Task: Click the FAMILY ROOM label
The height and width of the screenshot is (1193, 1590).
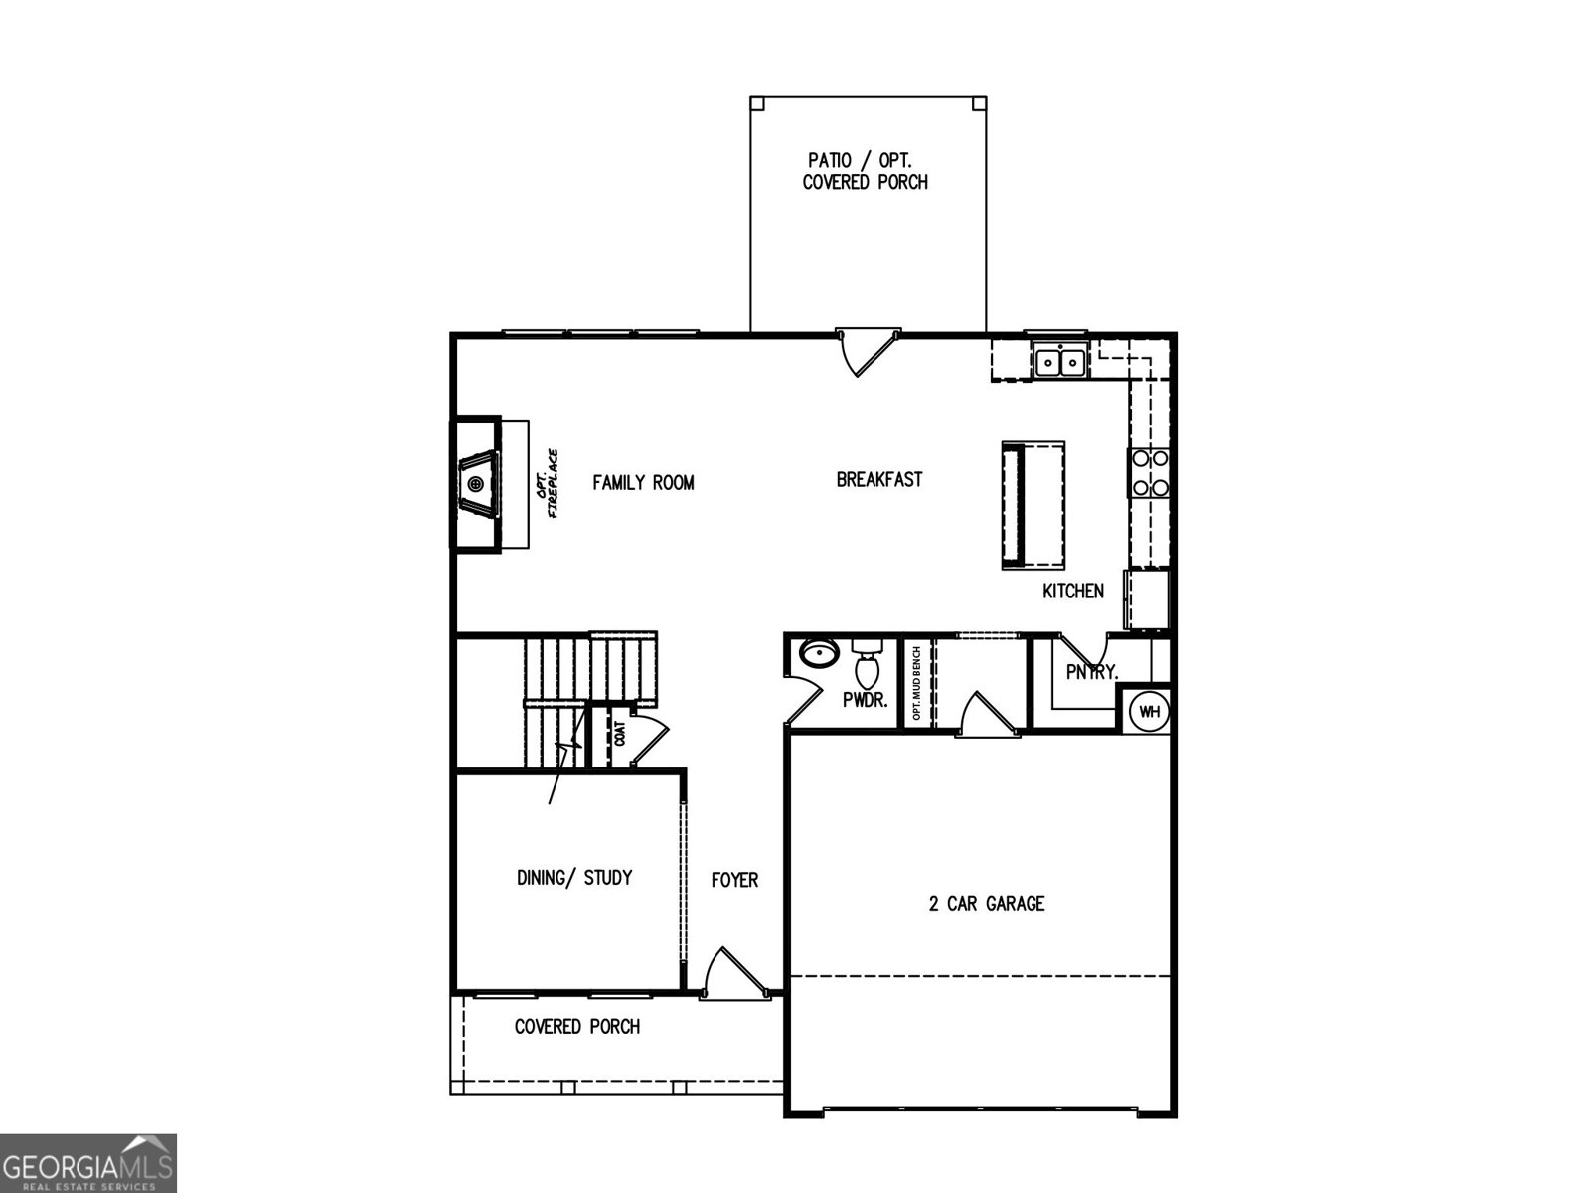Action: [643, 483]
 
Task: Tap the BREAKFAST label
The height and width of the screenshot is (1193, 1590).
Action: [879, 480]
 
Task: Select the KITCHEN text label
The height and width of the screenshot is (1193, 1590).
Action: [1072, 592]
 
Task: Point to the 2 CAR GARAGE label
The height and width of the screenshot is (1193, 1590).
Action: [987, 904]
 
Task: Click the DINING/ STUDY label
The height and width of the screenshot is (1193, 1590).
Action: [574, 878]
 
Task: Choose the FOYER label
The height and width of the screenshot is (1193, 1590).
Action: [734, 880]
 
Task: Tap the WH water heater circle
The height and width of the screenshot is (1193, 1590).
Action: [1149, 712]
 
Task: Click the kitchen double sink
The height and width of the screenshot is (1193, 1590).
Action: [1060, 362]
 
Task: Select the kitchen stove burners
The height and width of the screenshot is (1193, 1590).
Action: [1149, 473]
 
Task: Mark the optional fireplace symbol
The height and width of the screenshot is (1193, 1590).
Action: [478, 484]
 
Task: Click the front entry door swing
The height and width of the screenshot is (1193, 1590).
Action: [723, 971]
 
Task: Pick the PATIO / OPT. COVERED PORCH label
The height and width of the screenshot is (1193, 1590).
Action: [866, 171]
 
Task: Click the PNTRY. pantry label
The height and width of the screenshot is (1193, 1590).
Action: [1091, 673]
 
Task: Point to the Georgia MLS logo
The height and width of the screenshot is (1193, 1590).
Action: [88, 1162]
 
